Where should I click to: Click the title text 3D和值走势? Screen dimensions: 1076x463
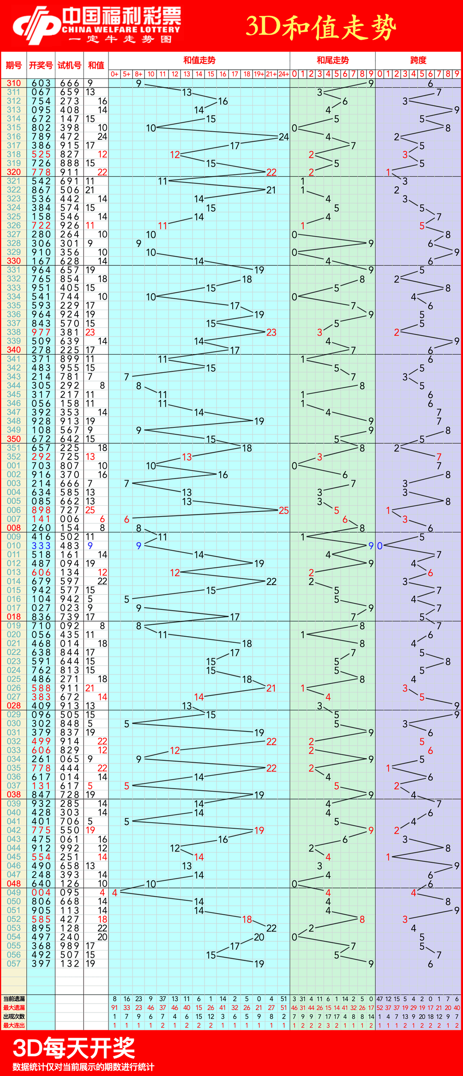[x=321, y=27]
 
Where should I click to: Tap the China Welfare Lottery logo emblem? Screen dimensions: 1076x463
[x=37, y=25]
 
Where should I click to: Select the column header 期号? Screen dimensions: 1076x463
[x=14, y=65]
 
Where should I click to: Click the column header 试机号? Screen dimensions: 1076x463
[x=69, y=65]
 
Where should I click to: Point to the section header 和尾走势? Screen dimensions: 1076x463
[x=333, y=60]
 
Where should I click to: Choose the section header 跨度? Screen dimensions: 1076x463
[x=418, y=60]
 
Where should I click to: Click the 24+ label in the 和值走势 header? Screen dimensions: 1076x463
[x=283, y=74]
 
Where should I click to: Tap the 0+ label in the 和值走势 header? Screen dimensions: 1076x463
[x=114, y=74]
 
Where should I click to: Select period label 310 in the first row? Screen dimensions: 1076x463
[x=14, y=83]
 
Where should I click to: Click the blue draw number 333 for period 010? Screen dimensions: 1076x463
[x=41, y=546]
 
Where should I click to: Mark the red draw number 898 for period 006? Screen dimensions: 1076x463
[x=41, y=510]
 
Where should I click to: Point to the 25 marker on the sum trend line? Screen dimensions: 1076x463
[x=284, y=511]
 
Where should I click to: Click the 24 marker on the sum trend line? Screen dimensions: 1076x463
[x=283, y=137]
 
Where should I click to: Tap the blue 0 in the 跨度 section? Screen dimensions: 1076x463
[x=380, y=546]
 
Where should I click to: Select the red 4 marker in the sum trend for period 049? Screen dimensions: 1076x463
[x=114, y=893]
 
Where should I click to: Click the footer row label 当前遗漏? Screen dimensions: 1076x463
[x=14, y=999]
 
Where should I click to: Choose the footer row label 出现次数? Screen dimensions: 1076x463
[x=14, y=1016]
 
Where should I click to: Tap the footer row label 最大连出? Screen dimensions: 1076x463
[x=14, y=1025]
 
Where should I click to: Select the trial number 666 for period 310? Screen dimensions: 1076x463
[x=69, y=83]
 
